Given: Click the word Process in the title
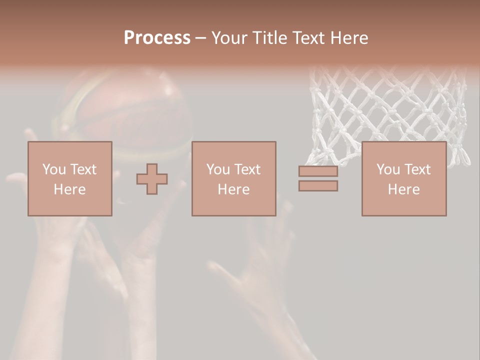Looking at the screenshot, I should pos(157,38).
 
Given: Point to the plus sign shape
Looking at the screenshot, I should pos(152,179).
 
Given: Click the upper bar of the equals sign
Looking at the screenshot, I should pos(318,171).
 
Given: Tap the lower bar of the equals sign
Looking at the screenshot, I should pos(318,186).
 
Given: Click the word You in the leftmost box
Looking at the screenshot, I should pos(54,169).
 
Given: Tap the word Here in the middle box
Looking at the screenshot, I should pos(233,189).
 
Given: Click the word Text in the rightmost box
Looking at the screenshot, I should pos(417,169).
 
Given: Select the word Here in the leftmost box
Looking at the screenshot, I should pos(69,189).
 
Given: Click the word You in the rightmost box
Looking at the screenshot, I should pos(388,169).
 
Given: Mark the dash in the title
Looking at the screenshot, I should pos(201,38).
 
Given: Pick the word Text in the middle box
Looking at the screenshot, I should pos(247,169).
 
